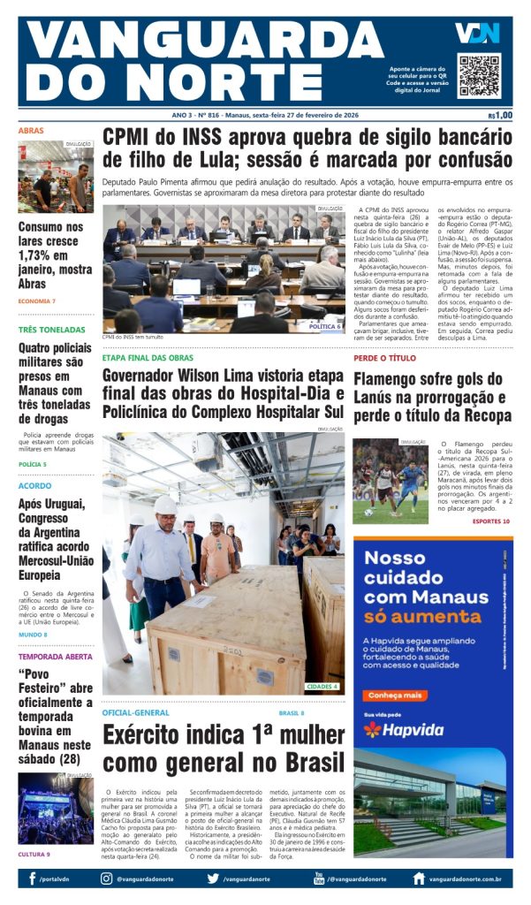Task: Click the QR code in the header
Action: (478, 75)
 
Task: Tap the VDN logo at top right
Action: (477, 34)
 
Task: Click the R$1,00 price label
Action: (500, 116)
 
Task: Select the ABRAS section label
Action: (31, 131)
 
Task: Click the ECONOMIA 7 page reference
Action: (37, 301)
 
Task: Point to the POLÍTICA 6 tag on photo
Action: (324, 326)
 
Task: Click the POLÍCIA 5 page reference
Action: (33, 464)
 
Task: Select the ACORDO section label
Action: (34, 485)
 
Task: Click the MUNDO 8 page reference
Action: (33, 635)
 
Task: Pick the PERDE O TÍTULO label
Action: (384, 358)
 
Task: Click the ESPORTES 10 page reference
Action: (490, 521)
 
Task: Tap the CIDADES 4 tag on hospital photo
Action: (322, 686)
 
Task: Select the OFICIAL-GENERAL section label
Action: (135, 712)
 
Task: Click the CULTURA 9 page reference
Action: (34, 854)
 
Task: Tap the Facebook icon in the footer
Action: (32, 878)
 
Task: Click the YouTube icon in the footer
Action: (319, 878)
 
